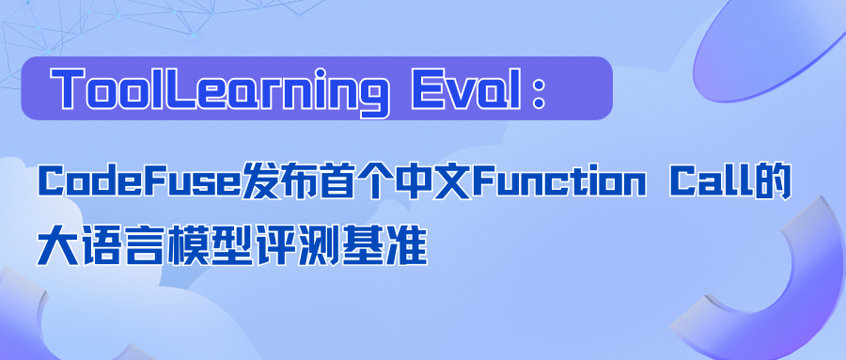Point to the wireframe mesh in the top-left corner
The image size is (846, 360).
click(56, 28)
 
